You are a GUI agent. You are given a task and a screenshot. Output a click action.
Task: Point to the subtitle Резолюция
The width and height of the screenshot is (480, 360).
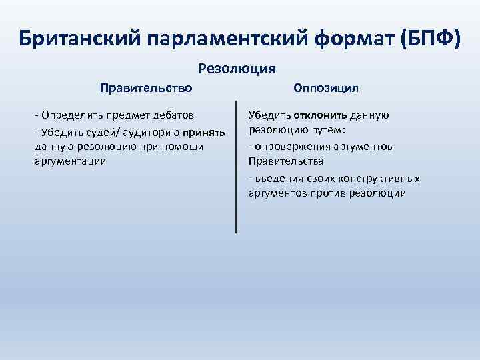237,68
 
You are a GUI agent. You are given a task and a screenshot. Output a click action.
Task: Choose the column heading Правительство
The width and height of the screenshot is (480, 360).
146,87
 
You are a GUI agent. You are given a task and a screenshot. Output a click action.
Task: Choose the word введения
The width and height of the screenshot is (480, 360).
275,179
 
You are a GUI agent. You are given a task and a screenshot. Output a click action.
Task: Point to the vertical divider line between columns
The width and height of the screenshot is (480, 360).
236,167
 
